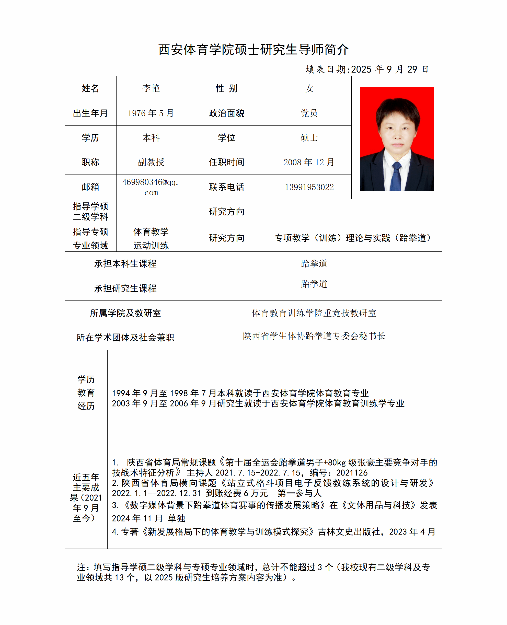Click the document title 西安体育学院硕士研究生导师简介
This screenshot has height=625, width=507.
[x=253, y=49]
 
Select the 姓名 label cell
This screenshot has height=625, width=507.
[x=90, y=88]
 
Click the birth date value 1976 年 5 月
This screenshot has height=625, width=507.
[x=151, y=113]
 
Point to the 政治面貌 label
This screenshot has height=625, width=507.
[x=226, y=113]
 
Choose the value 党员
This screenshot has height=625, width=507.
[x=309, y=113]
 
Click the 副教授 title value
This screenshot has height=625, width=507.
[x=151, y=162]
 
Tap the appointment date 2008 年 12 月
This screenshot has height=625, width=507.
[x=309, y=162]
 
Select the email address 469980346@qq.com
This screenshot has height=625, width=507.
[x=151, y=187]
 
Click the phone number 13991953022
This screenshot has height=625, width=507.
[x=309, y=187]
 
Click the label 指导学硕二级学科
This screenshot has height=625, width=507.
[x=90, y=212]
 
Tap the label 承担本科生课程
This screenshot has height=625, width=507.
[x=125, y=263]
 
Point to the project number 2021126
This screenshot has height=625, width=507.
[x=352, y=472]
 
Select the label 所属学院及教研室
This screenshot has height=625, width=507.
[x=125, y=313]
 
